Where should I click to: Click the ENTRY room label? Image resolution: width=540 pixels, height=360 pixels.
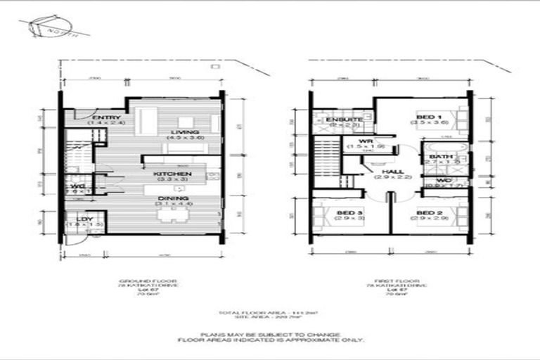[107, 117]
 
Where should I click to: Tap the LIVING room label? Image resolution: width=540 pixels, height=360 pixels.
[184, 132]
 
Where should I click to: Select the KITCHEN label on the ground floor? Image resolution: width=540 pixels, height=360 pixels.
[170, 172]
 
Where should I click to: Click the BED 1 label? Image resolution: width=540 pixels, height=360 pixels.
[428, 117]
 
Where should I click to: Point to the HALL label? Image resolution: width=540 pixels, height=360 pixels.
[387, 173]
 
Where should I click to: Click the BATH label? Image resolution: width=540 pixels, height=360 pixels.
[442, 156]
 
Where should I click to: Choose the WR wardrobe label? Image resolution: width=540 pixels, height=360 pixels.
[367, 141]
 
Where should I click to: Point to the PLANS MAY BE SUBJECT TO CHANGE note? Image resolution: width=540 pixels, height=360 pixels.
[270, 335]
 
